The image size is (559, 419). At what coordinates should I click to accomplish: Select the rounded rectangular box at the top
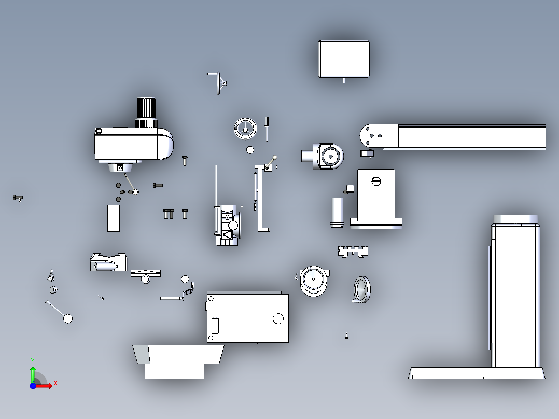pyautogui.click(x=344, y=59)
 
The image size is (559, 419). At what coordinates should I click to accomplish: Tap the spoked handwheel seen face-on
pyautogui.click(x=245, y=129)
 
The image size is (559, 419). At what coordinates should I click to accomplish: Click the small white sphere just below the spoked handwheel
pyautogui.click(x=250, y=150)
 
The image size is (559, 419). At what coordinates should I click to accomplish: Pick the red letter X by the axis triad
pyautogui.click(x=55, y=384)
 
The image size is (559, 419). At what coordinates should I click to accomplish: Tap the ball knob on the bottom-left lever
pyautogui.click(x=68, y=318)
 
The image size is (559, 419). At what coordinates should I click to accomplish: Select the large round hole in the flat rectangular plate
pyautogui.click(x=278, y=318)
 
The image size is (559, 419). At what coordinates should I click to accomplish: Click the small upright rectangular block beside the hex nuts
pyautogui.click(x=114, y=218)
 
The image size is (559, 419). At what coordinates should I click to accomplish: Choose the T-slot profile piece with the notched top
pyautogui.click(x=353, y=252)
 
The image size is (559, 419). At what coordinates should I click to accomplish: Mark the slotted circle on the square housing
pyautogui.click(x=376, y=181)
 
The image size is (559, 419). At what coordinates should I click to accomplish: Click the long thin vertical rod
pyautogui.click(x=216, y=186)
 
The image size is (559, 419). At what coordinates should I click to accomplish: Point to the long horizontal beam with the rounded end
pyautogui.click(x=453, y=137)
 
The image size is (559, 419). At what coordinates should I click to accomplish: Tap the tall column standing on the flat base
pyautogui.click(x=515, y=292)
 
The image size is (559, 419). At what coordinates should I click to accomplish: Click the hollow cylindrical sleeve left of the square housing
pyautogui.click(x=337, y=213)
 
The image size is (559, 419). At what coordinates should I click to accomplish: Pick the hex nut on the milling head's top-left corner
pyautogui.click(x=99, y=131)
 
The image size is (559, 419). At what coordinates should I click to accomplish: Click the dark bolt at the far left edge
pyautogui.click(x=18, y=198)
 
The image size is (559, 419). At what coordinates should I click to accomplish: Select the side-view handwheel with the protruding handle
pyautogui.click(x=362, y=290)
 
